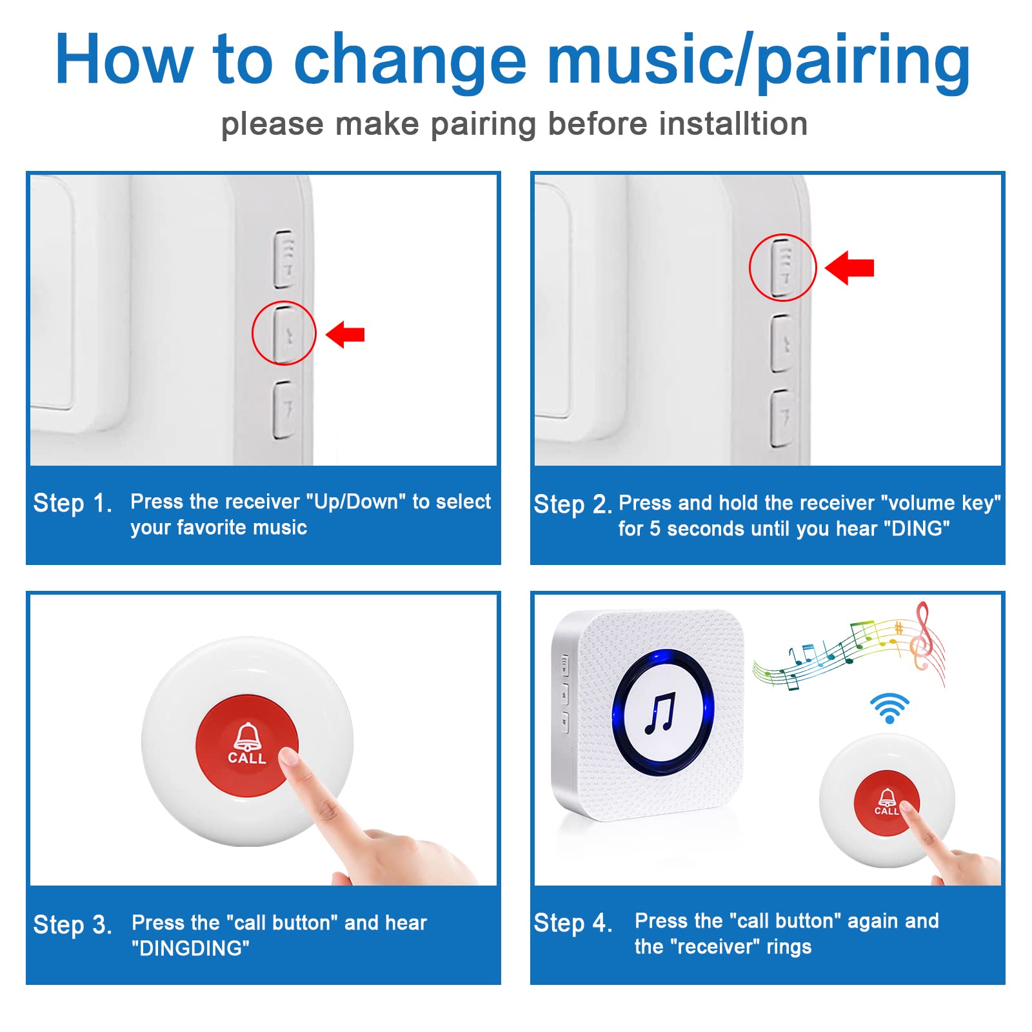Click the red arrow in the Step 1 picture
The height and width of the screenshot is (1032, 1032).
pos(346,334)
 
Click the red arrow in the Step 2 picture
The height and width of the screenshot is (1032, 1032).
pos(850,268)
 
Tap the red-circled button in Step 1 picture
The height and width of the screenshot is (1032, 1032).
pos(284,333)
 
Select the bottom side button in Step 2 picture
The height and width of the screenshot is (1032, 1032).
pos(781,418)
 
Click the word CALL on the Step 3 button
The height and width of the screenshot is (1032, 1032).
pos(246,759)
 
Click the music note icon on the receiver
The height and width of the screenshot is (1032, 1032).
pos(660,713)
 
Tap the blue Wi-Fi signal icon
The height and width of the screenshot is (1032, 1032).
pos(889,708)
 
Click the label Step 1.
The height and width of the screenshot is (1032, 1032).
pos(72,503)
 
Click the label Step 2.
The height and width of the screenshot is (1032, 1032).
pos(572,504)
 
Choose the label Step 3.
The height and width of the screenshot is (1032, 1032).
pos(72,925)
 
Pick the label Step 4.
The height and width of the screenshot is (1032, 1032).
pos(572,923)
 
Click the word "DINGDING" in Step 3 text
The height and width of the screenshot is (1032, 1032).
pos(190,948)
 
